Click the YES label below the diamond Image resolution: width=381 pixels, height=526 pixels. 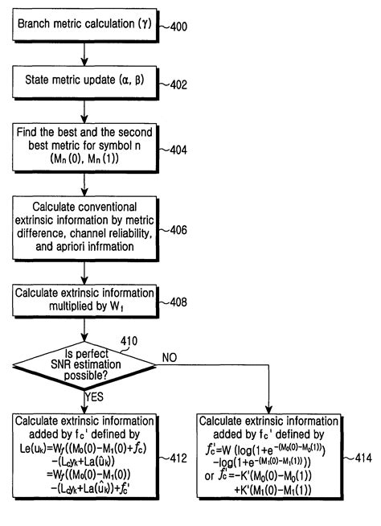(x=93, y=397)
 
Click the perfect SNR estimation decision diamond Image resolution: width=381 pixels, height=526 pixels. (x=84, y=364)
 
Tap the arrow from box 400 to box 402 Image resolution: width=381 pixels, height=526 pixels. (x=84, y=54)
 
